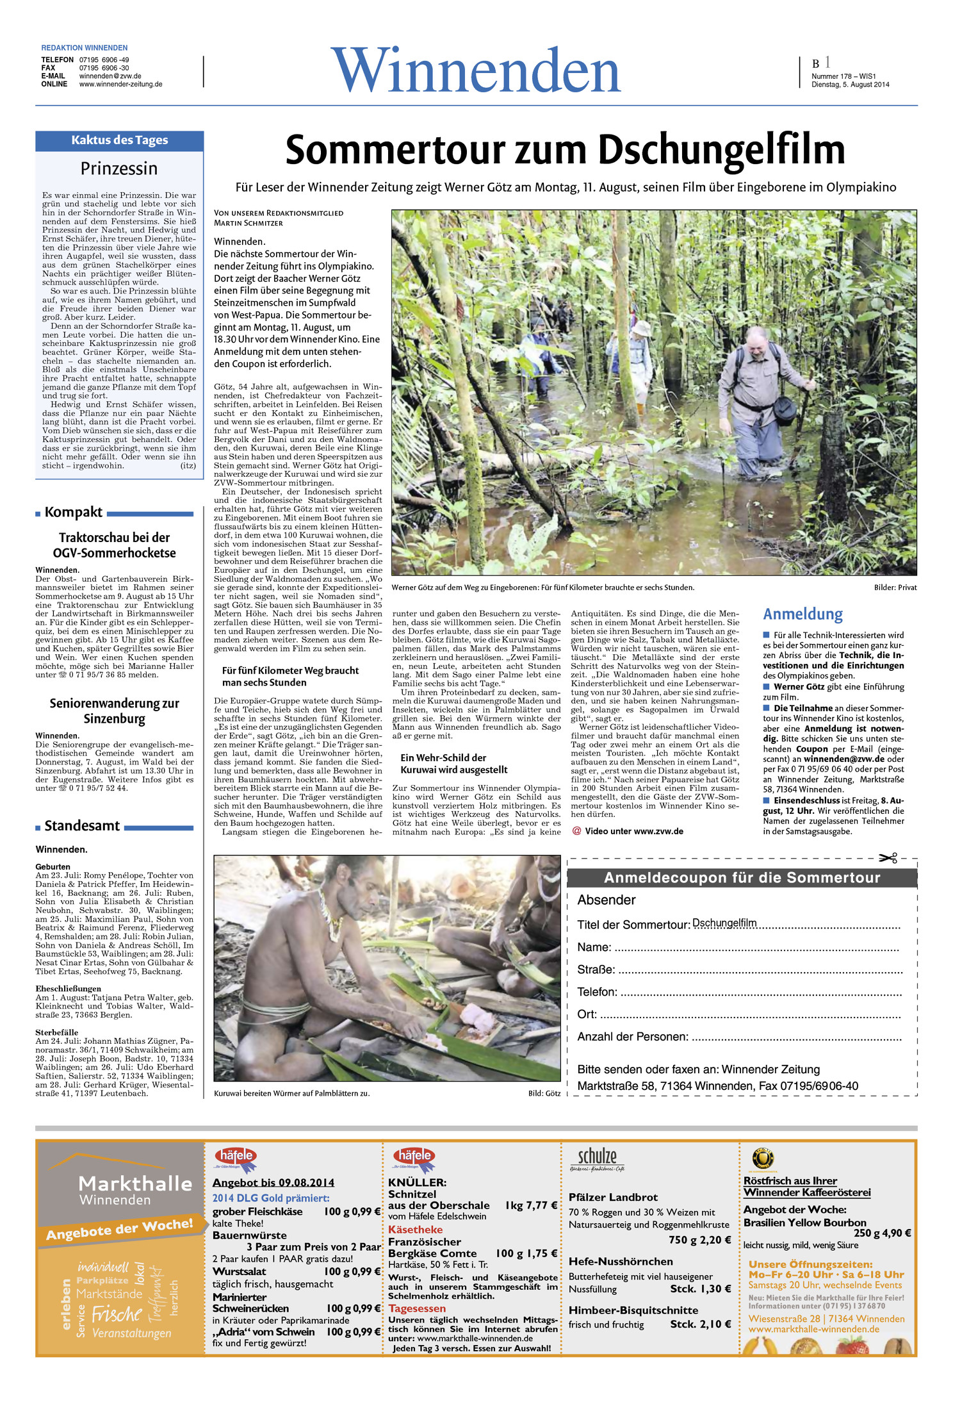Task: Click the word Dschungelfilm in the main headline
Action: click(x=721, y=150)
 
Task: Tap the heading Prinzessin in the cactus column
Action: click(x=119, y=169)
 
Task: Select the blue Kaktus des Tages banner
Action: click(x=119, y=140)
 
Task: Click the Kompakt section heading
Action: click(x=73, y=512)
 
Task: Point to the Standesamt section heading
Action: click(x=82, y=826)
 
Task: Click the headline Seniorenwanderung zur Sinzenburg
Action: click(x=114, y=711)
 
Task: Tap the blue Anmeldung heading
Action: click(x=802, y=614)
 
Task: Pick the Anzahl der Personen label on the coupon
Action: click(x=633, y=1037)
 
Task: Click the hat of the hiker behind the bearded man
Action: click(x=641, y=329)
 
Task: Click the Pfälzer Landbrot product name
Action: click(x=613, y=1197)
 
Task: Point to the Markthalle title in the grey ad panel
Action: click(x=135, y=1183)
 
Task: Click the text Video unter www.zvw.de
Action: click(x=633, y=831)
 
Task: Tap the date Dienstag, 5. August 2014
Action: click(x=850, y=85)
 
